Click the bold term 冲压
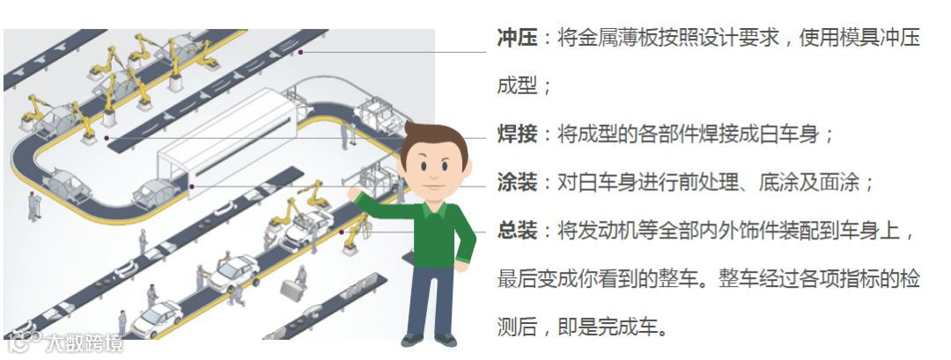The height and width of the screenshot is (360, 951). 517,38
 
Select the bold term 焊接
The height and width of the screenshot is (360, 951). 517,134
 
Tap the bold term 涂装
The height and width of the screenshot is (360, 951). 517,182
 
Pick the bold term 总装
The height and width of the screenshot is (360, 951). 517,231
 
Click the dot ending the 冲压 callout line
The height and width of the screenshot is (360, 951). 300,53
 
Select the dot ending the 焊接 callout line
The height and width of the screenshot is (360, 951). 107,138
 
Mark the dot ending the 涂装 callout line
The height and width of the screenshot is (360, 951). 192,187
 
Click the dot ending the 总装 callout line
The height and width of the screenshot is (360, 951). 342,231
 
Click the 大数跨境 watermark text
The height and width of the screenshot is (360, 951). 84,343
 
